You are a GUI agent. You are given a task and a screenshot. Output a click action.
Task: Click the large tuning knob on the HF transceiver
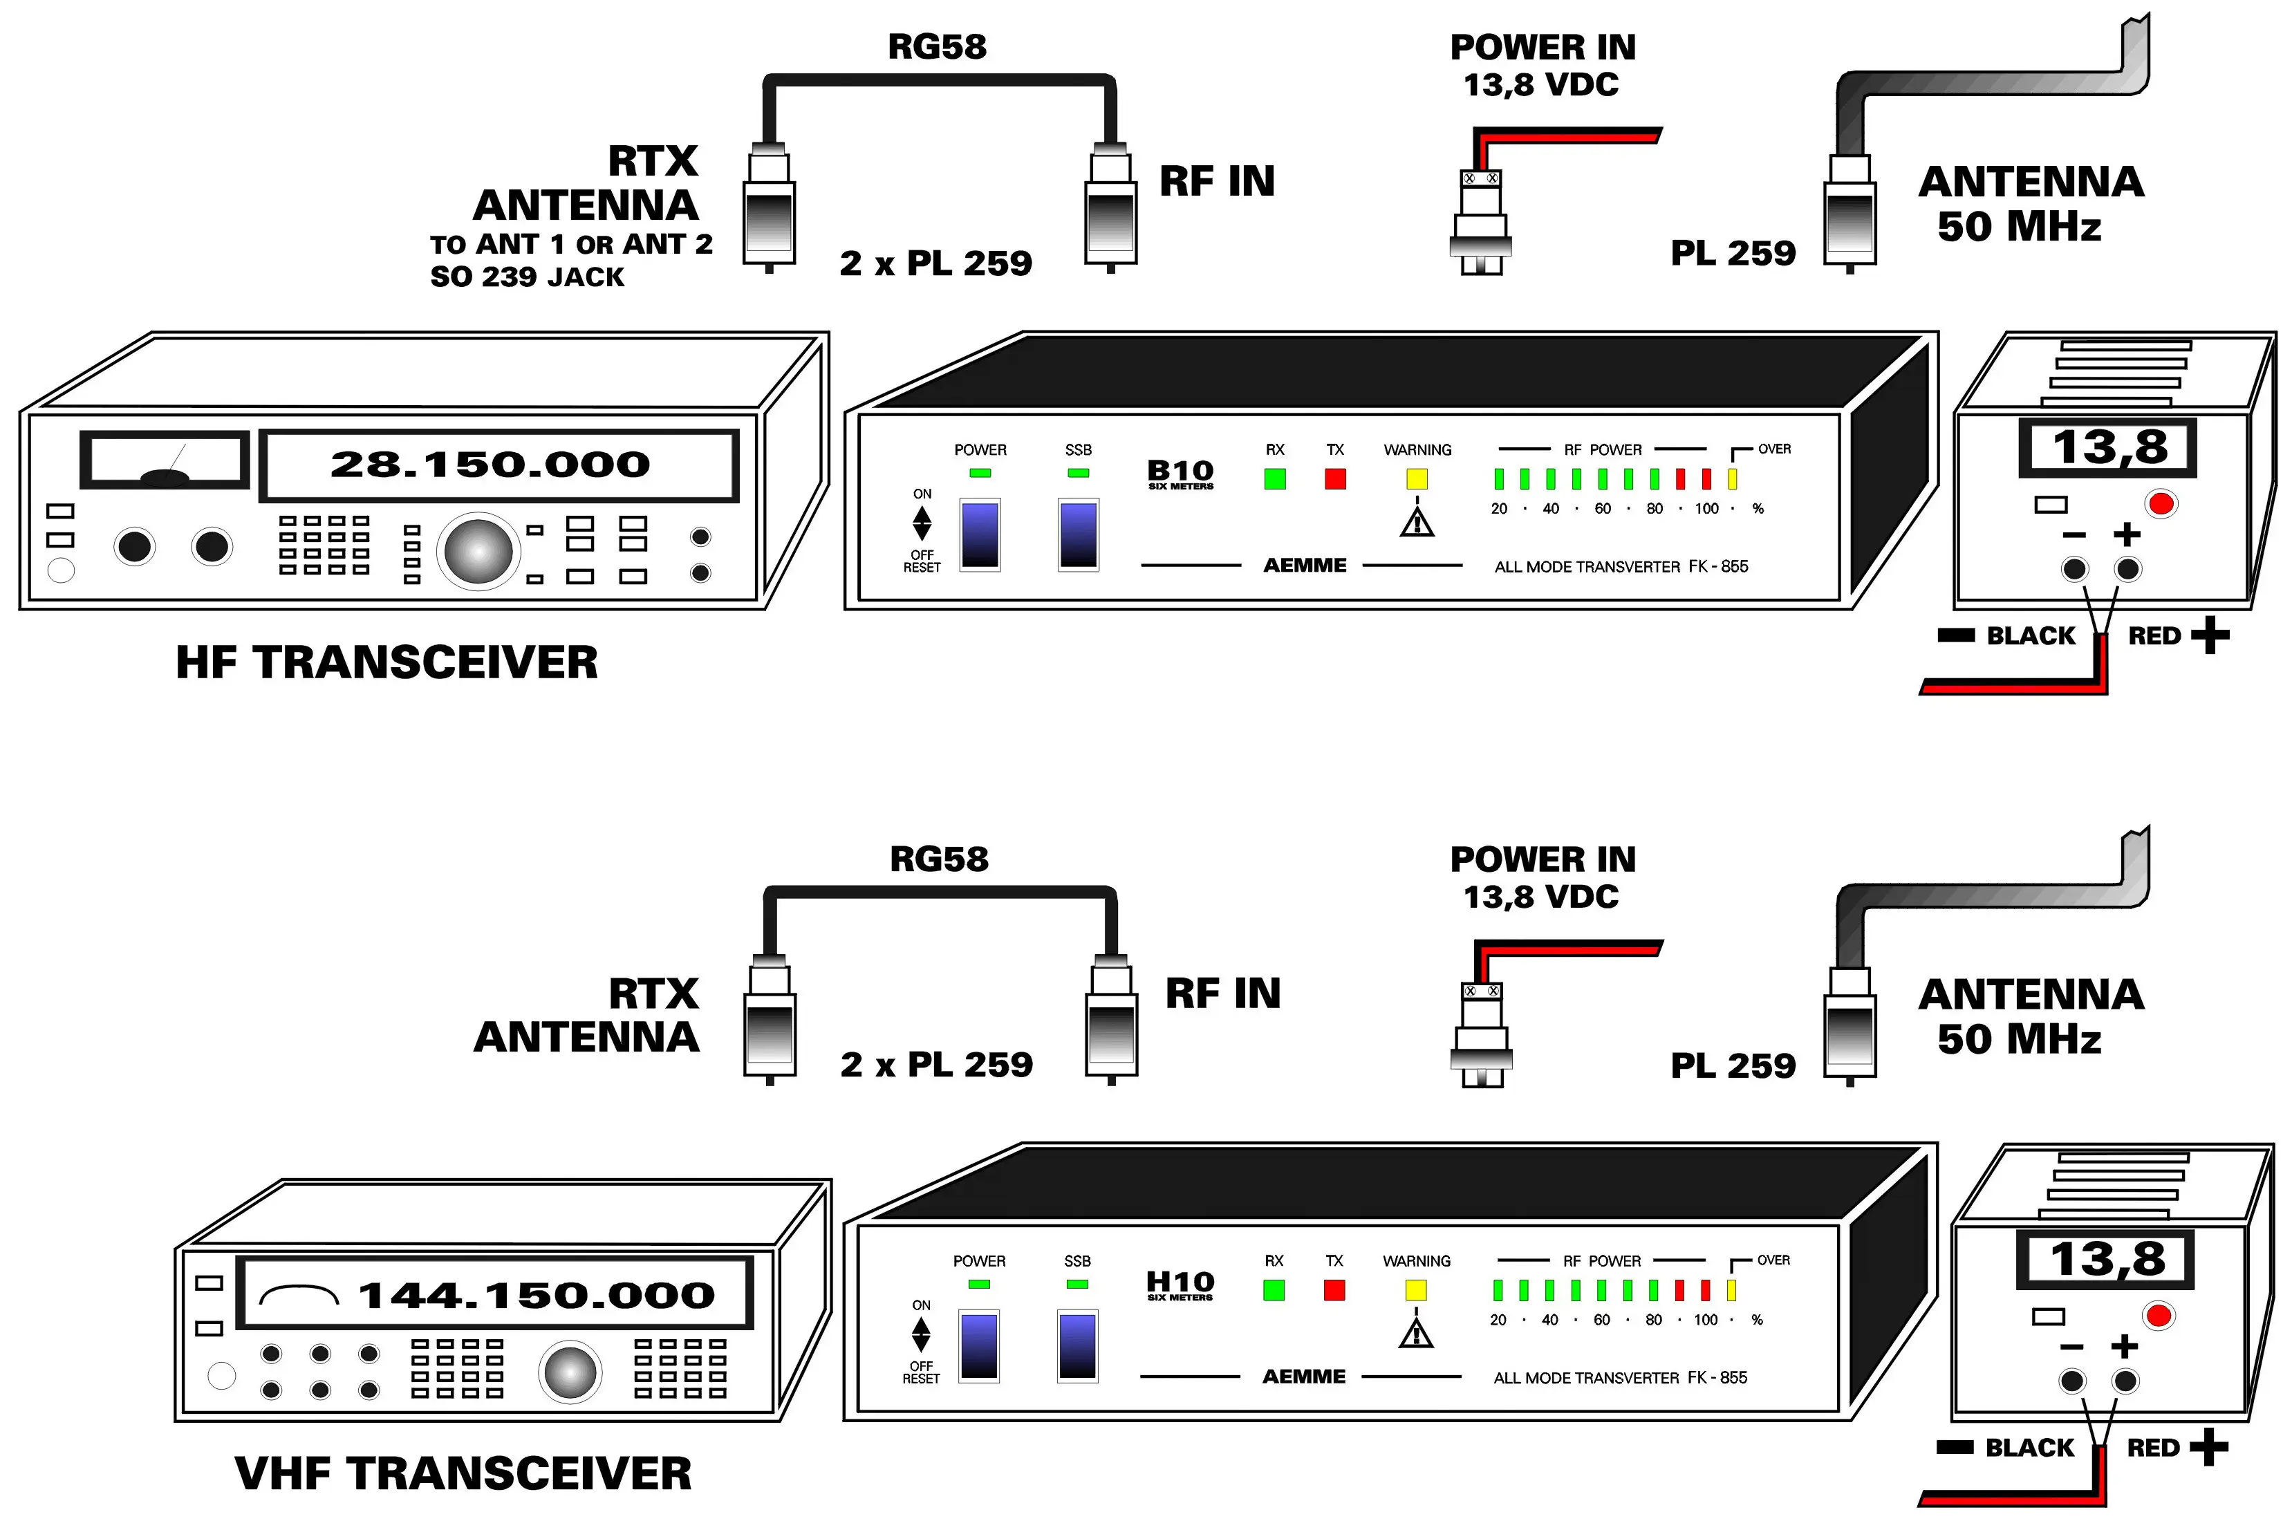tap(478, 550)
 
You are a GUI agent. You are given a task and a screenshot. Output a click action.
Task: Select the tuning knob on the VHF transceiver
tap(570, 1372)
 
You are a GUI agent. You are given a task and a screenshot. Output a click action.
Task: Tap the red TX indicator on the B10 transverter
tap(1336, 478)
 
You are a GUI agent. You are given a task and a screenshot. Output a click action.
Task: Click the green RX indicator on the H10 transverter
tap(1274, 1290)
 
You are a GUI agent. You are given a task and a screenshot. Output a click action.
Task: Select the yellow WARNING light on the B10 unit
tap(1417, 478)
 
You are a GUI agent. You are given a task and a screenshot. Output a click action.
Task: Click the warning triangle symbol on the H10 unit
tap(1416, 1333)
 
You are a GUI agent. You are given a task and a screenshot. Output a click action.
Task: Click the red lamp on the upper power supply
tap(2161, 503)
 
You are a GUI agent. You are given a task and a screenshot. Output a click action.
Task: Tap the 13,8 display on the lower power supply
tap(2107, 1259)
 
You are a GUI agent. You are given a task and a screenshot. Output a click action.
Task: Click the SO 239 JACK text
tap(528, 277)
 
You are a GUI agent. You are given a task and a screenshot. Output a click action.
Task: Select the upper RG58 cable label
tap(937, 46)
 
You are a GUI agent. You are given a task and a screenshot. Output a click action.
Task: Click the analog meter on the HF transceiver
tap(165, 460)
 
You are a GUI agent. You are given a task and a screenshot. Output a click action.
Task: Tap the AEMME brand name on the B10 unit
tap(1305, 566)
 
